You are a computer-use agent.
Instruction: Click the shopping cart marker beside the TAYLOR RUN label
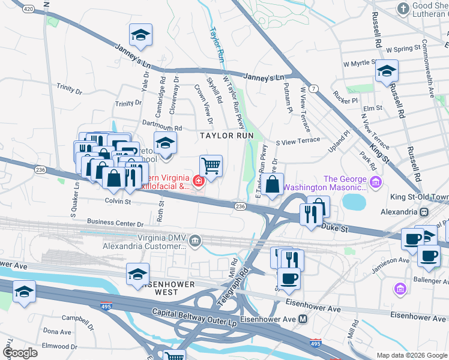coord(211,166)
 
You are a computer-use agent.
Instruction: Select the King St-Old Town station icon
coord(424,212)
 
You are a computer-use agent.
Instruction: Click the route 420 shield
coord(27,9)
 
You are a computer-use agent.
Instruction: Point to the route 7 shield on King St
coord(315,88)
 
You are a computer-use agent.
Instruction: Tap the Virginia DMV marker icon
coord(195,241)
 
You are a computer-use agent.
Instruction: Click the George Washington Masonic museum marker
coord(376,182)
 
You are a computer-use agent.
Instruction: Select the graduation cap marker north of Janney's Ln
coord(140,35)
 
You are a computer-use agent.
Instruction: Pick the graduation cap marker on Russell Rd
coord(387,71)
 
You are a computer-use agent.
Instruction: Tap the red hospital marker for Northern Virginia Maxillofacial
coord(197,179)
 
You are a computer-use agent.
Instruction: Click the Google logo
coord(20,352)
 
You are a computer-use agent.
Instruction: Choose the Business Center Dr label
coord(115,223)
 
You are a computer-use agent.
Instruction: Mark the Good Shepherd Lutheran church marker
coord(403,8)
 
